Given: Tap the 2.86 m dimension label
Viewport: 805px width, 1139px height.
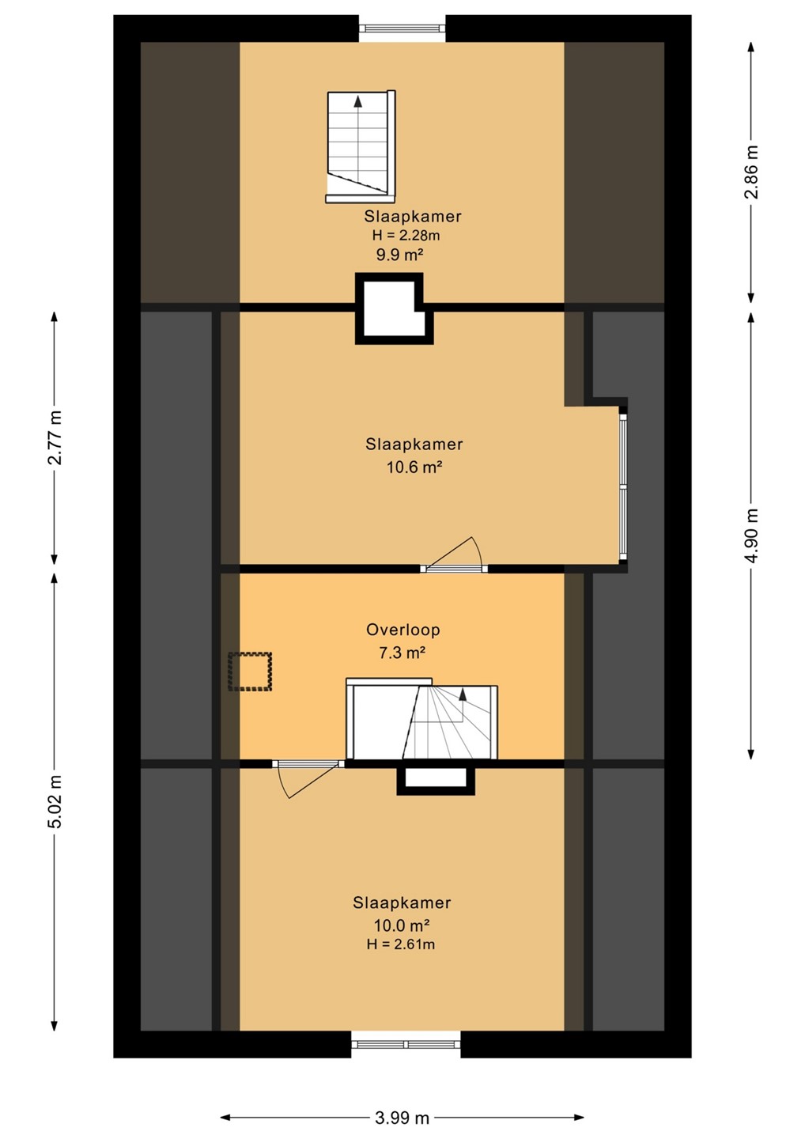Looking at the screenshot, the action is [751, 172].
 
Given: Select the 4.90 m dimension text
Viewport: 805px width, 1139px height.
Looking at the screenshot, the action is [751, 535].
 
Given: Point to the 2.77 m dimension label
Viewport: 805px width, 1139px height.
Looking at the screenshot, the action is [55, 437].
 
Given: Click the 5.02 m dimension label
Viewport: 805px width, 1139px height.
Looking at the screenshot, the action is [55, 802].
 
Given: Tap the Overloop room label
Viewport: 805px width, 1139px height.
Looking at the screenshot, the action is [403, 630].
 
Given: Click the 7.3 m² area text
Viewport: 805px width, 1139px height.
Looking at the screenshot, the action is [402, 653].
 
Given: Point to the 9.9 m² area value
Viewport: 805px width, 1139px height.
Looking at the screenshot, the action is [400, 254].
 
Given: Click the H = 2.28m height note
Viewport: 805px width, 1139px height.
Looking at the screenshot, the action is [406, 236].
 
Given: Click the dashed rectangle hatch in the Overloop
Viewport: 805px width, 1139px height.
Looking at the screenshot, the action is [250, 672].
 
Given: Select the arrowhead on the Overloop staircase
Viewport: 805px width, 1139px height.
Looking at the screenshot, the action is [463, 694].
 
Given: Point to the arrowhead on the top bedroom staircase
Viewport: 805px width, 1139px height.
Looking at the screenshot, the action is [358, 101].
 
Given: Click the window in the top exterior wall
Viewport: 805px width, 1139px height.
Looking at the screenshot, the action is [402, 28].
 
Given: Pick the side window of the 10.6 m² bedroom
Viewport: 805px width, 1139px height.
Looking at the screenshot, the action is [622, 487].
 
